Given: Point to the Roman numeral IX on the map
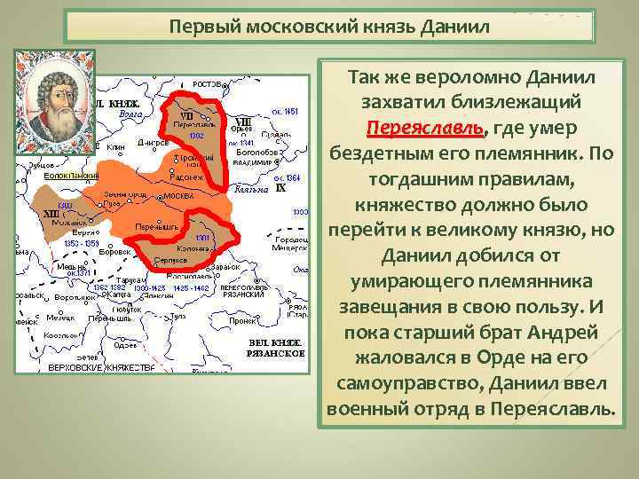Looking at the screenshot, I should pyautogui.click(x=280, y=188).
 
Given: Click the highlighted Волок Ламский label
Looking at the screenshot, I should pyautogui.click(x=71, y=176).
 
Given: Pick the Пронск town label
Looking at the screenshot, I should pyautogui.click(x=243, y=322).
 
